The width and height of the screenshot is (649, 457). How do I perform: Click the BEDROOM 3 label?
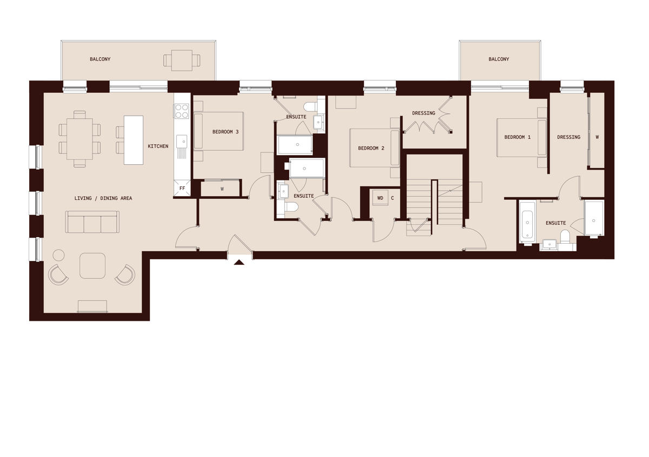[x=226, y=132]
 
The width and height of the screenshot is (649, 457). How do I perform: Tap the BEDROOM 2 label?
[x=371, y=149]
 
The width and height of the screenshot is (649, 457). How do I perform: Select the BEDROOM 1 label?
[x=518, y=137]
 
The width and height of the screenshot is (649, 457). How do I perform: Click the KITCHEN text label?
[x=158, y=146]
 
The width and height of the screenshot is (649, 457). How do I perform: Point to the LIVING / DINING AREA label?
[x=103, y=198]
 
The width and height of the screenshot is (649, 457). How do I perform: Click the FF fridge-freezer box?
[x=182, y=189]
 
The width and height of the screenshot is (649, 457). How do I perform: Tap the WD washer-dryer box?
[x=380, y=198]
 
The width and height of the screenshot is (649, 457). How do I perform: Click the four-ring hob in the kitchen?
[x=182, y=111]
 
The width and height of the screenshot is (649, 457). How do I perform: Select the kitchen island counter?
[x=134, y=140]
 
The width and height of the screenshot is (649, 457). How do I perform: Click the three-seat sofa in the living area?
[x=92, y=222]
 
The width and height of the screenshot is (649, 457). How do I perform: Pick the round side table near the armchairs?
[x=59, y=255]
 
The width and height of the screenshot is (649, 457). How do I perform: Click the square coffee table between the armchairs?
[x=92, y=266]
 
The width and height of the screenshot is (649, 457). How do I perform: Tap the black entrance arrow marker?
[x=239, y=263]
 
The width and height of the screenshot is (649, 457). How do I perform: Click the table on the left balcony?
[x=182, y=61]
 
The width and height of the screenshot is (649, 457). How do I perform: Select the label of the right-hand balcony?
[x=499, y=59]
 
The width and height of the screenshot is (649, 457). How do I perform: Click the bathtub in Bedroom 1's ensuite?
[x=527, y=223]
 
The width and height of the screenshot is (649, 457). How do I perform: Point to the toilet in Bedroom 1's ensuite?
[x=565, y=237]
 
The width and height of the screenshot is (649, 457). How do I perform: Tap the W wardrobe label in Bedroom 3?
[x=222, y=189]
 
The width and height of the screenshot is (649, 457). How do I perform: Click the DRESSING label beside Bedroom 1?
[x=568, y=137]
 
